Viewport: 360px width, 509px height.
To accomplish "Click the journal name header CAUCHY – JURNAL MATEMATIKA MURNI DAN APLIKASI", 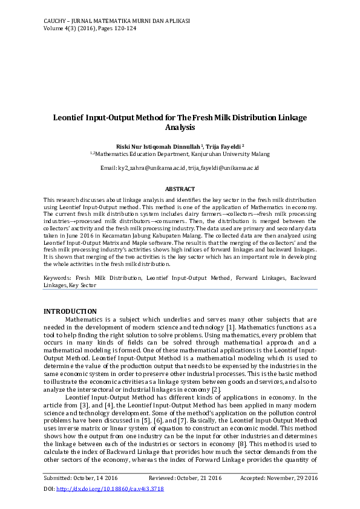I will (x=117, y=21).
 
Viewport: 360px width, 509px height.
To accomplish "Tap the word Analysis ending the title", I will (x=180, y=128).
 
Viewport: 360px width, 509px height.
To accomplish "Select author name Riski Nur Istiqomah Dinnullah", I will (x=162, y=147).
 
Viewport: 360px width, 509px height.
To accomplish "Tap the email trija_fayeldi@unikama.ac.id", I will (x=223, y=167).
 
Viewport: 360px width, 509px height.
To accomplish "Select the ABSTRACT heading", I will (x=180, y=189).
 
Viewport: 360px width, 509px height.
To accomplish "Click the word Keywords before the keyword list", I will (x=57, y=277).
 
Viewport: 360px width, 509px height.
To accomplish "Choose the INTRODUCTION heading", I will (x=70, y=311).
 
